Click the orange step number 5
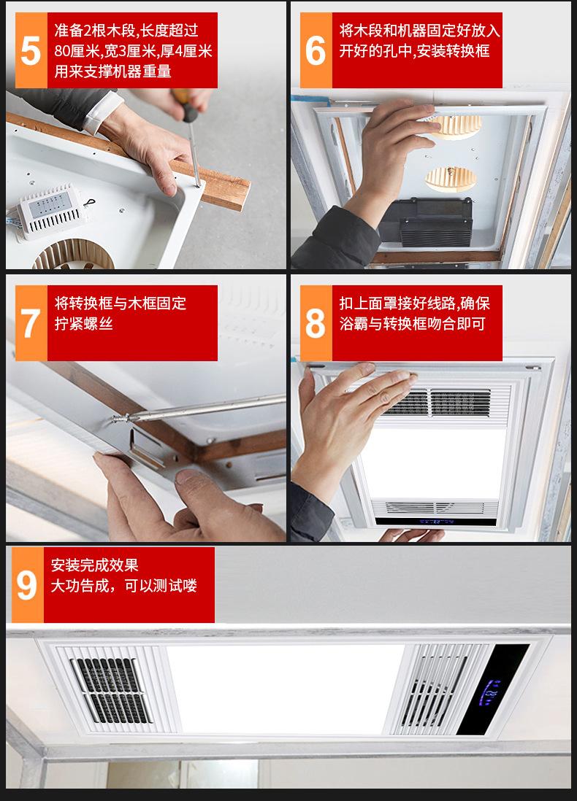(x=31, y=50)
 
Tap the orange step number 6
(x=315, y=50)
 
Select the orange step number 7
(x=31, y=323)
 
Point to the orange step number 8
(x=315, y=323)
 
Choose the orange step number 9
(x=27, y=585)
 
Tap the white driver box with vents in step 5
(x=50, y=212)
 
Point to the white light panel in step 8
(x=435, y=463)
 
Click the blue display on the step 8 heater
(x=436, y=522)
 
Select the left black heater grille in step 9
(x=111, y=690)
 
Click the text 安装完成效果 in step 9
(x=95, y=565)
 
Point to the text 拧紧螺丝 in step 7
(x=84, y=323)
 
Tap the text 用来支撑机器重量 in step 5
(x=113, y=71)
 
